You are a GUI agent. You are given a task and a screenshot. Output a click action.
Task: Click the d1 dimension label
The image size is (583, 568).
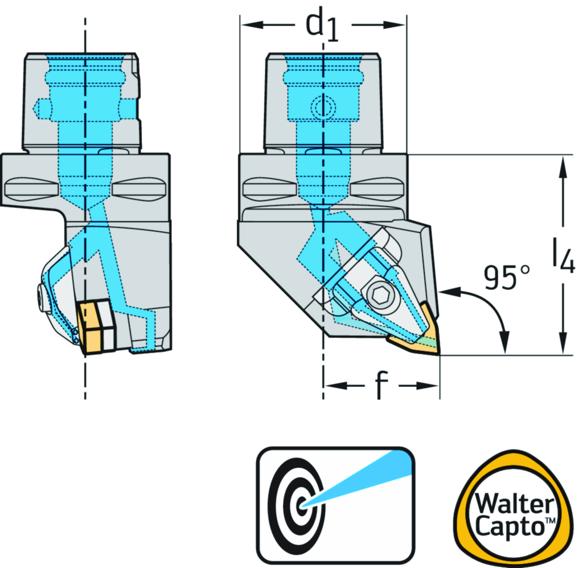click(x=322, y=27)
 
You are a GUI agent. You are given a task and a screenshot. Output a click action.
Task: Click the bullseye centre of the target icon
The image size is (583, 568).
click(x=301, y=504)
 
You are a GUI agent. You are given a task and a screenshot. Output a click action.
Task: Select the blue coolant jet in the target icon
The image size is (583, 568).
click(x=364, y=476)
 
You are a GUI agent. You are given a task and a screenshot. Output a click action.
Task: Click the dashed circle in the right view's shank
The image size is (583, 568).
click(x=323, y=107)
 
